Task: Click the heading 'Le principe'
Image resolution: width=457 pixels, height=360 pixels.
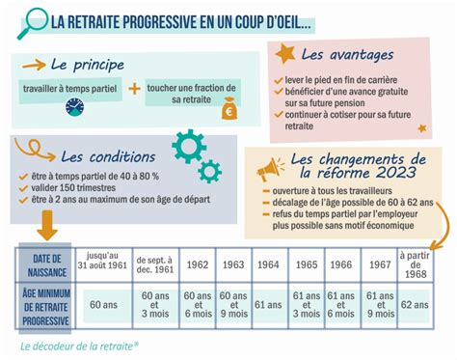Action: point(87,65)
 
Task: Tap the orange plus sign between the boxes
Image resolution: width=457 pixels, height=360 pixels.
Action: point(134,89)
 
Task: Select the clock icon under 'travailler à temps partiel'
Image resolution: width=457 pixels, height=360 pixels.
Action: point(75,107)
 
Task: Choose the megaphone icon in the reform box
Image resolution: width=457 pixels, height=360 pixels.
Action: point(268,170)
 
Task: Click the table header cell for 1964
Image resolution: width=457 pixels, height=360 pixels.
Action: point(269,263)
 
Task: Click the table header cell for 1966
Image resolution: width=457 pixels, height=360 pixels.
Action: point(340,263)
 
